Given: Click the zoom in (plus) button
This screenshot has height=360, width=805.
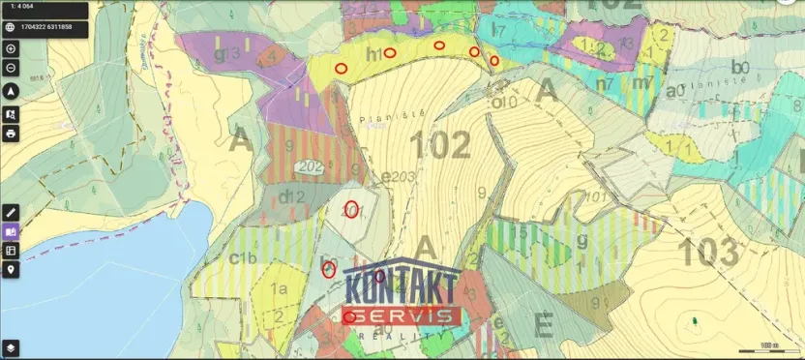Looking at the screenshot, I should [11, 48].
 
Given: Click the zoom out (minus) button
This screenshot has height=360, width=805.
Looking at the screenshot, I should [11, 68].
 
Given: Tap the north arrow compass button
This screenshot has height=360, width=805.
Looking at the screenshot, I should [11, 91].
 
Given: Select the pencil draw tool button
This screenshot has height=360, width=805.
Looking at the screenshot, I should [11, 211].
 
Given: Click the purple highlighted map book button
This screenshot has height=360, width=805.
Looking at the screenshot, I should [11, 231].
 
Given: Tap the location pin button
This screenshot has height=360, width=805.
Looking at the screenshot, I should [11, 270].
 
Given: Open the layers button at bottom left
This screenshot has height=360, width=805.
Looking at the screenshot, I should [11, 346].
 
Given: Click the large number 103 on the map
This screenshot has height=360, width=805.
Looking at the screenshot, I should [708, 252].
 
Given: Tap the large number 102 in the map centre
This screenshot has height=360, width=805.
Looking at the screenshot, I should [440, 145].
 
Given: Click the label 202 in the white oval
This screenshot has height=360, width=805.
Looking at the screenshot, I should [311, 167].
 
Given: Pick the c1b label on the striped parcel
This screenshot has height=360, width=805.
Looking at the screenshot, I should [242, 257].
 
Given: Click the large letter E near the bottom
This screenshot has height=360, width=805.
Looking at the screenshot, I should [543, 325].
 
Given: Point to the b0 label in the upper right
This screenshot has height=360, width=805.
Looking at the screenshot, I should [740, 67].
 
